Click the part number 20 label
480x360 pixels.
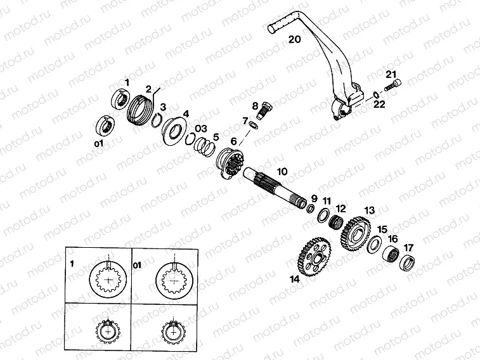click(x=294, y=39)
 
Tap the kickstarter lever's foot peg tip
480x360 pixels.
click(x=270, y=29)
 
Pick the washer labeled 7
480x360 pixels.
click(x=254, y=125)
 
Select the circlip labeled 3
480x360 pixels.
click(x=158, y=120)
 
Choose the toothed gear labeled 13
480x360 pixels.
click(x=355, y=234)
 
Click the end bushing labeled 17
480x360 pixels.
click(x=408, y=264)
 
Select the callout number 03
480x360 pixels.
click(x=201, y=128)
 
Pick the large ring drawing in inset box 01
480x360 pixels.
click(x=174, y=280)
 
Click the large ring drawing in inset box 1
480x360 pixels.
click(x=108, y=280)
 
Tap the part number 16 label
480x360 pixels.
click(x=393, y=238)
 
